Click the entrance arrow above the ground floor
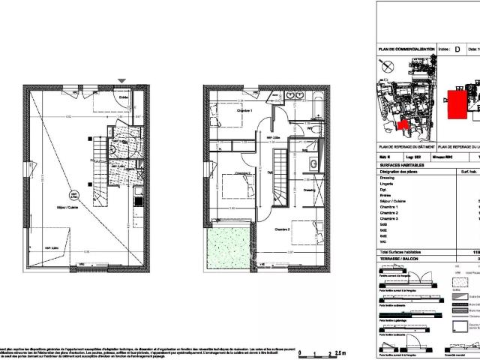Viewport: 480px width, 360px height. [x=122, y=80]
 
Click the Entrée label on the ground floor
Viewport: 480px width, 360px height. [x=124, y=95]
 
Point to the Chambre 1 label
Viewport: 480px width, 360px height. [x=242, y=112]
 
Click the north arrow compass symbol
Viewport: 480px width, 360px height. [x=386, y=67]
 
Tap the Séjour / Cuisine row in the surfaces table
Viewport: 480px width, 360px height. [x=397, y=202]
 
